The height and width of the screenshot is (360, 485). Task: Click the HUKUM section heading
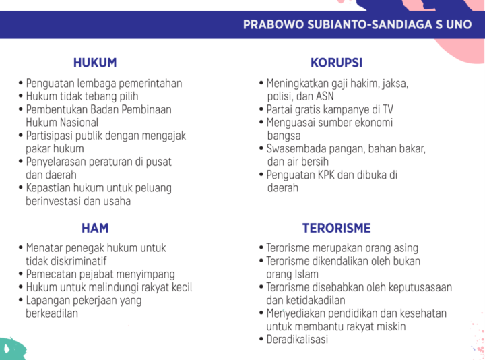coord(95,63)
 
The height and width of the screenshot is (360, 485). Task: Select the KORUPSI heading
coord(337,63)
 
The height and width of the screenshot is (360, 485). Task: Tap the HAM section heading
coord(95,228)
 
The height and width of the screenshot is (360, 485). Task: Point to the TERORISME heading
coord(337,228)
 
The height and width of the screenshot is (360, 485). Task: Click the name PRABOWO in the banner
coord(273,24)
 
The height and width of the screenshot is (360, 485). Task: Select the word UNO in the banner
coord(459,24)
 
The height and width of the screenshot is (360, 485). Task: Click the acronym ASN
coord(325,96)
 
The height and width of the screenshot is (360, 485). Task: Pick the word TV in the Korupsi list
coord(388,110)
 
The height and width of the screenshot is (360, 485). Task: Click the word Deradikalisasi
coord(297,340)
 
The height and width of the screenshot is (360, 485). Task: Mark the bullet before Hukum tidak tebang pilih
coord(21,96)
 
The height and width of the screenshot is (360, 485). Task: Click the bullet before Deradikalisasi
coord(261,339)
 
